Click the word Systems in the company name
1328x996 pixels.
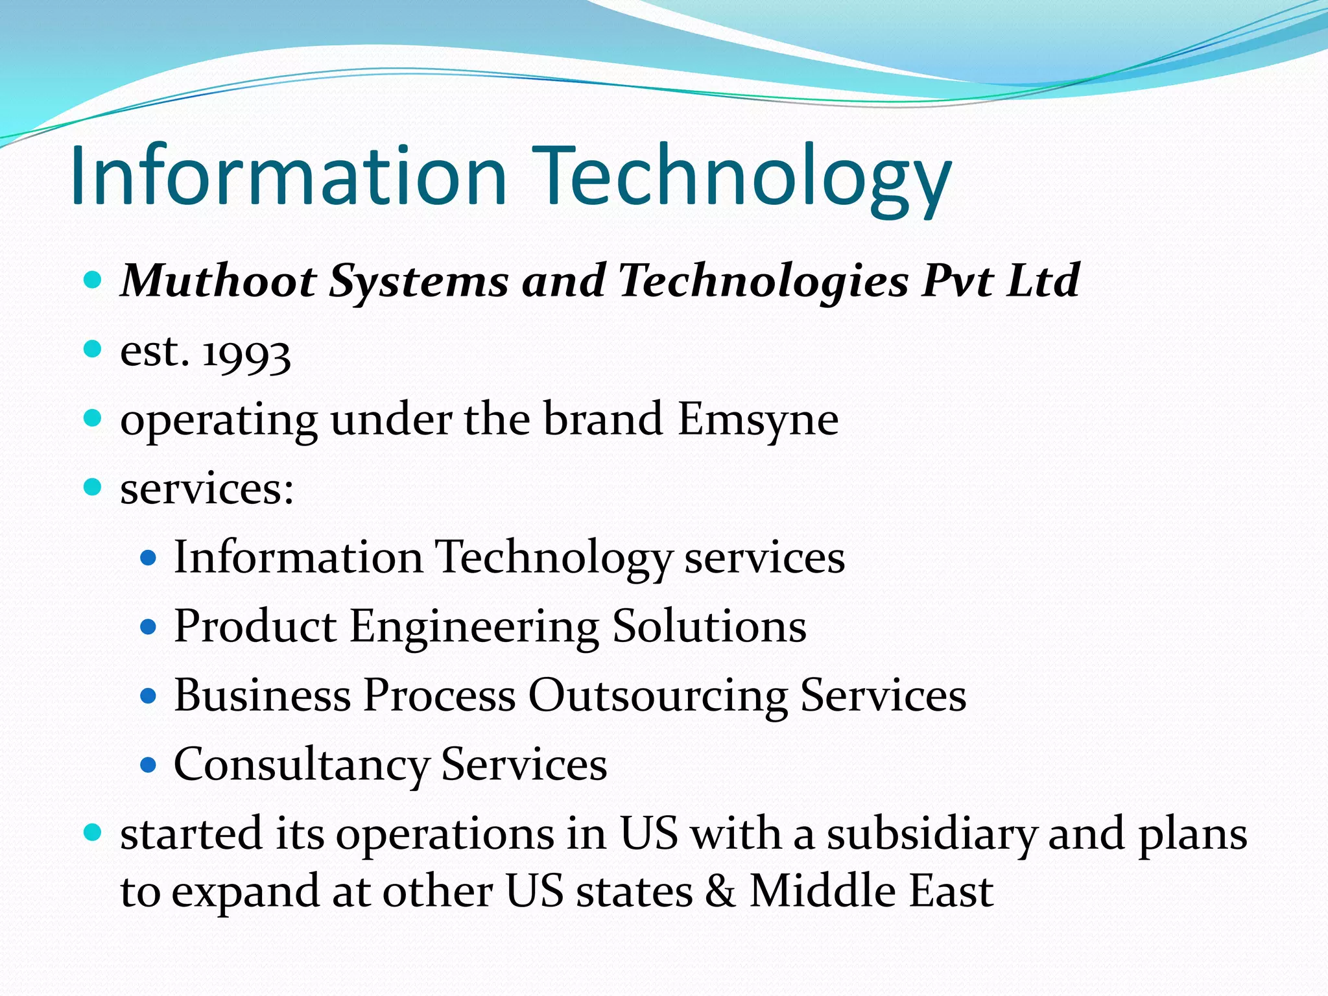point(418,282)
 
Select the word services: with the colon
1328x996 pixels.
point(207,489)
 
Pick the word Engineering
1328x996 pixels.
point(475,628)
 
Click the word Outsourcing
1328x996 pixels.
point(658,696)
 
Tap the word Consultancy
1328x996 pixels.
point(302,766)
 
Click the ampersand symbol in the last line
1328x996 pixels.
point(720,891)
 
